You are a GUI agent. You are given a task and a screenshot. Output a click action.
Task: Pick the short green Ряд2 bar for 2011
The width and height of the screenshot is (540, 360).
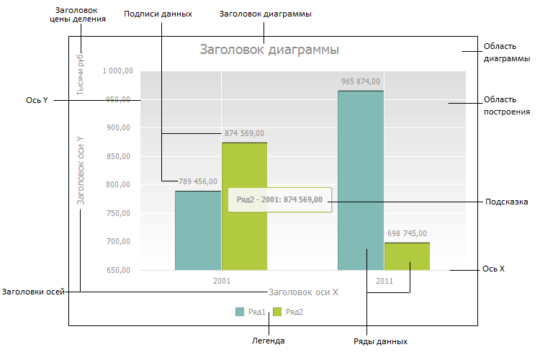408,256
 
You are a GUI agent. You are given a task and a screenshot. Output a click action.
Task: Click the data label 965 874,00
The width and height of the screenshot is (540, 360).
361,81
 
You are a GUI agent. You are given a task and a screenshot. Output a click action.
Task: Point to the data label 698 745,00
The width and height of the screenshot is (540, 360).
408,233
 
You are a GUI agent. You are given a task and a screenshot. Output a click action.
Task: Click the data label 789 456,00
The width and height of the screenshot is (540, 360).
198,181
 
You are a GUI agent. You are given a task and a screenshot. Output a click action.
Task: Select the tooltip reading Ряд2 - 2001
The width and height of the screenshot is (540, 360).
279,199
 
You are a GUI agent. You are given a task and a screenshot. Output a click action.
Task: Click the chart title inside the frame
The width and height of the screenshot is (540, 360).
269,50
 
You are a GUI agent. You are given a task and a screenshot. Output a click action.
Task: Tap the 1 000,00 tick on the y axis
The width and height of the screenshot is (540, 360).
117,71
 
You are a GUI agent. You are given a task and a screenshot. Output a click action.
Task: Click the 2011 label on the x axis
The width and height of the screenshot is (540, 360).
384,281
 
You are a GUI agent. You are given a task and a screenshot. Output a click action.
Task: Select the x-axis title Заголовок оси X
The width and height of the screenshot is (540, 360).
303,292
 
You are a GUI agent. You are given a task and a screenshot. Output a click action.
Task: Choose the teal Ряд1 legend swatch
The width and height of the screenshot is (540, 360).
240,312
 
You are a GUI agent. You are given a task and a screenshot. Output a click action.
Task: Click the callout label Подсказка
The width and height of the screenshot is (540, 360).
507,202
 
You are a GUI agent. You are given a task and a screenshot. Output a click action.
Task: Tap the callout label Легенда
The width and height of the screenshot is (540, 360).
268,341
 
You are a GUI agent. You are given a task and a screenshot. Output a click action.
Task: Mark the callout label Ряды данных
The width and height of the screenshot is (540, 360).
381,341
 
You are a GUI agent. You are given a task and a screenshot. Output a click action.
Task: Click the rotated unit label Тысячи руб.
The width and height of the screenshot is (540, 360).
81,73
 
